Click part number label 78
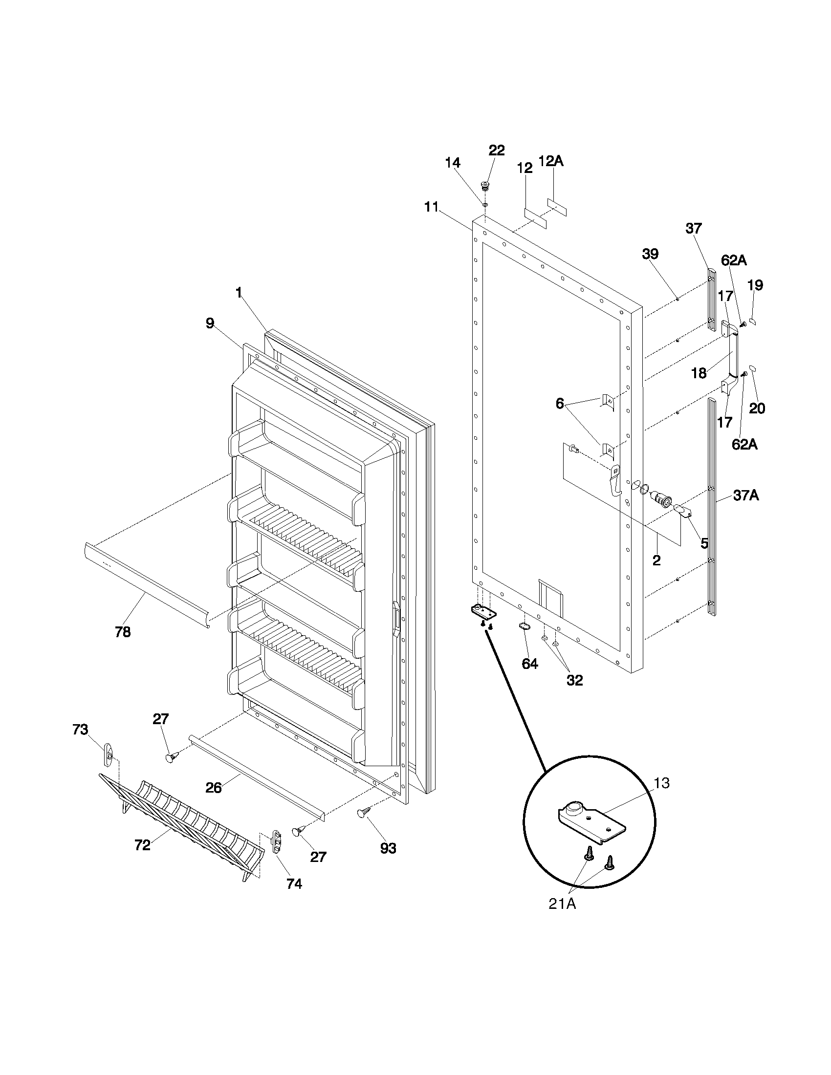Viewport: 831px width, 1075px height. [x=123, y=632]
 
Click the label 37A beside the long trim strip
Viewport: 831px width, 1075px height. [x=745, y=496]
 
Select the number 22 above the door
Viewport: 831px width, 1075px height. [x=496, y=150]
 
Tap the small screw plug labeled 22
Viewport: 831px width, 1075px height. [x=485, y=186]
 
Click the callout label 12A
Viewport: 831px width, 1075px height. [x=551, y=161]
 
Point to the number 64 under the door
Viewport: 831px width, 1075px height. [x=530, y=664]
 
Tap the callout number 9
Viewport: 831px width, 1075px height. [x=210, y=323]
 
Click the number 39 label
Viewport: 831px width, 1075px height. [x=650, y=254]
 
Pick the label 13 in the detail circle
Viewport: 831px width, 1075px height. [x=662, y=783]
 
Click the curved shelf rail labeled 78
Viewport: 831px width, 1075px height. [x=148, y=583]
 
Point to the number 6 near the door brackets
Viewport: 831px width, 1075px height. [x=560, y=404]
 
